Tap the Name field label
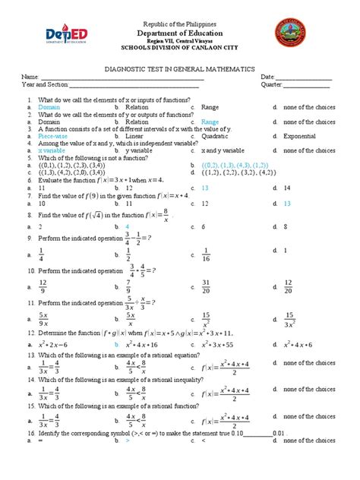coord(30,77)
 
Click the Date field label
coord(267,77)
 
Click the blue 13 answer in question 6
coord(205,187)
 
